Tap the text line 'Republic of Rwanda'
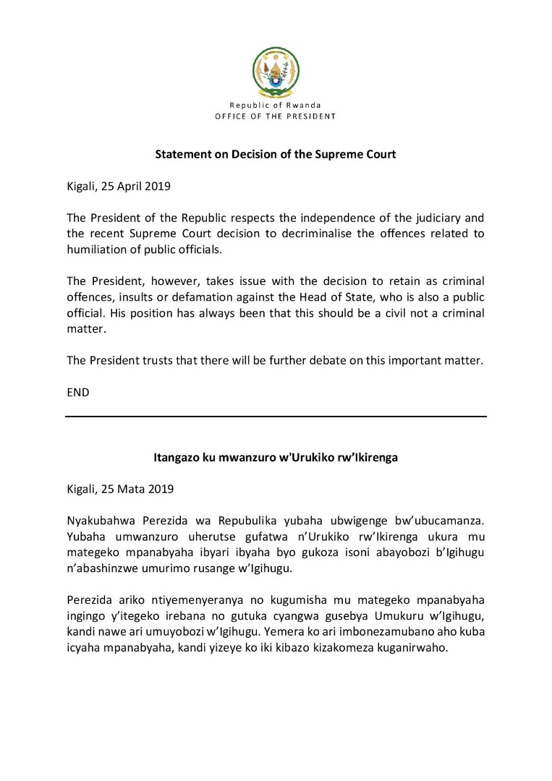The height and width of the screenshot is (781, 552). (275, 106)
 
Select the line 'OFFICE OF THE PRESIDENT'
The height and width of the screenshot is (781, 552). (275, 116)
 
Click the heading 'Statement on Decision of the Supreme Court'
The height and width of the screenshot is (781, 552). (276, 155)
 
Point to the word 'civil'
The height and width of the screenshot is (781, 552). (402, 312)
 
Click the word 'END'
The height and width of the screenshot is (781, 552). (77, 392)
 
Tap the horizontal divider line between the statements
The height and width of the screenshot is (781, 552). (276, 417)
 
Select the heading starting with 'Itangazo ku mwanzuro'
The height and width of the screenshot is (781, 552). (276, 458)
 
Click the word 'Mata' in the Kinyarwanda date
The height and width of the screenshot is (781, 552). (132, 489)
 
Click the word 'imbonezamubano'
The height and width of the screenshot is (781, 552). (381, 631)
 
